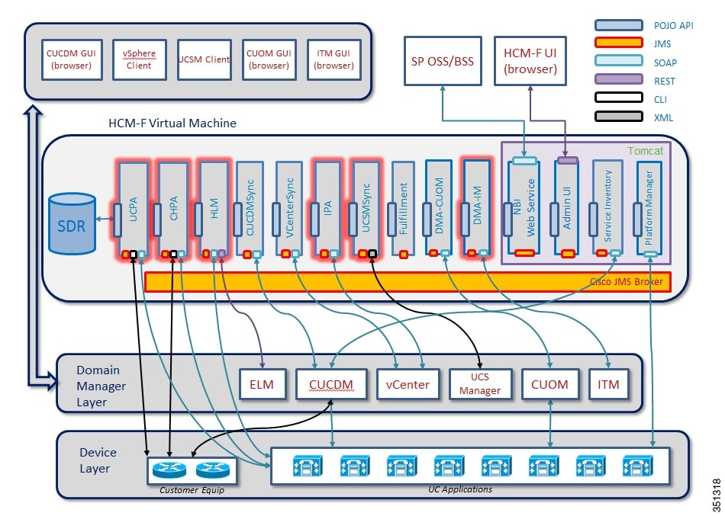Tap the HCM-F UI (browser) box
(x=530, y=59)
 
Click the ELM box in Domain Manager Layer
(x=262, y=384)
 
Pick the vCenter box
(x=404, y=384)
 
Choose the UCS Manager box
(x=480, y=384)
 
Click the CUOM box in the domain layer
(x=550, y=384)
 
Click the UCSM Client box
(x=204, y=59)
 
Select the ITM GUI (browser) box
(x=333, y=59)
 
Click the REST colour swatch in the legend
(x=617, y=81)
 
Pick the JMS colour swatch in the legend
(x=617, y=43)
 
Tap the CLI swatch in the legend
(x=617, y=99)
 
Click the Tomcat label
(x=646, y=151)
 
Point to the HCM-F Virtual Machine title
(x=172, y=123)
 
